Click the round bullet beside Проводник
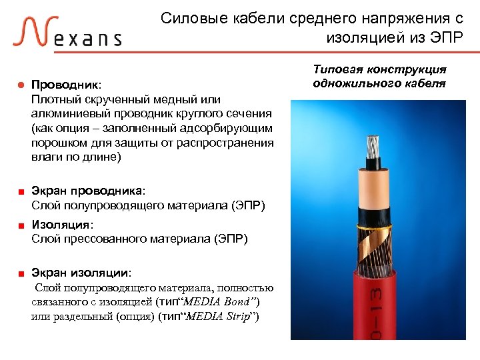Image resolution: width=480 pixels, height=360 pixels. click(20, 86)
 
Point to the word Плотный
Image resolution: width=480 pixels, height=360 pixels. click(53, 100)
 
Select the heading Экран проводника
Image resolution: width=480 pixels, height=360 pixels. click(87, 192)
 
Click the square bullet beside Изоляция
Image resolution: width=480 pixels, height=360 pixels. click(21, 225)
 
